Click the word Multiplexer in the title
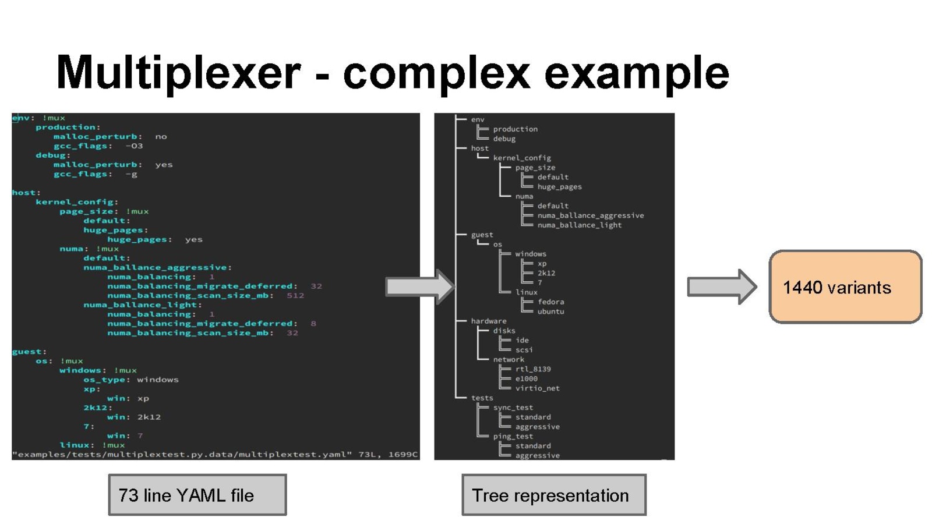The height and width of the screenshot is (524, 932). click(178, 73)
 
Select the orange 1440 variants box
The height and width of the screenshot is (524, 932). click(845, 287)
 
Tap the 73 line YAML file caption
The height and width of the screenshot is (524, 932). click(197, 495)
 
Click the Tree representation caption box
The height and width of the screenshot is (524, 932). click(553, 495)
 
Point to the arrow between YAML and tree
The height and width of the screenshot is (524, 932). click(419, 286)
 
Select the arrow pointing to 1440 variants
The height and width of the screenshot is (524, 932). click(721, 286)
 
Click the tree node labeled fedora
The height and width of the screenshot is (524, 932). click(550, 302)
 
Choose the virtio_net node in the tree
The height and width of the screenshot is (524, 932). click(537, 388)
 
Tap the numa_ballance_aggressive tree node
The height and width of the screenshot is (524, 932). click(590, 215)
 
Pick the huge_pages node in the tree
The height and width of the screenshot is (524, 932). click(559, 187)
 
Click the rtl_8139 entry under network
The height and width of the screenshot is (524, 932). click(532, 369)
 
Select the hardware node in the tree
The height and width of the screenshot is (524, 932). click(488, 321)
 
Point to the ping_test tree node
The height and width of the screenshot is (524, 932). click(513, 436)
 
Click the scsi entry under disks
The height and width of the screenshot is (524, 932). click(524, 349)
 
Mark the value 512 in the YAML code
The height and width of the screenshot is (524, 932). click(295, 295)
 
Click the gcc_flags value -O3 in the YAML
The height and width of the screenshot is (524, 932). click(134, 146)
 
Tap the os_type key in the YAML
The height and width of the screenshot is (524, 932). click(104, 380)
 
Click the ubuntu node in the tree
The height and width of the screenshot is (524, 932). click(550, 311)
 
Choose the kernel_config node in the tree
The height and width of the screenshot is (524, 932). click(521, 158)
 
